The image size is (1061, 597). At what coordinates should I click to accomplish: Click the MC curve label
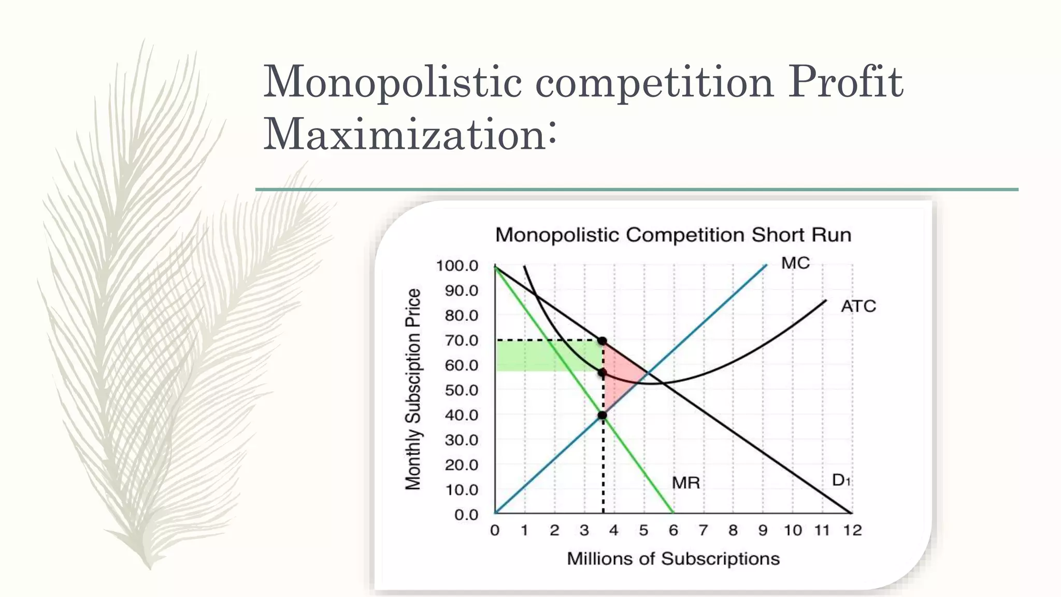pos(795,263)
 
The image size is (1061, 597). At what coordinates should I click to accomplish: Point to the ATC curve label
pos(858,306)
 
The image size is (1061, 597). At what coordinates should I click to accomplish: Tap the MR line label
pos(686,483)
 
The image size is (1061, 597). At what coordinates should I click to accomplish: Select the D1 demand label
pos(840,480)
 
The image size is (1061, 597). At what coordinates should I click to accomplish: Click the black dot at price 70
pos(602,341)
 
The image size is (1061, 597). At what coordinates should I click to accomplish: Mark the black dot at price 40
pos(602,415)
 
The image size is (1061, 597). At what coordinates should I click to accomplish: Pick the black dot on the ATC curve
pos(602,373)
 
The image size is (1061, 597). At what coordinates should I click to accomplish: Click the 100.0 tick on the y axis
pos(457,266)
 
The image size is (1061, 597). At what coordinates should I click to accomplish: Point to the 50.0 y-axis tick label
pos(461,390)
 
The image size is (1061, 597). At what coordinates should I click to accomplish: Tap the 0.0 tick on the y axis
pos(466,515)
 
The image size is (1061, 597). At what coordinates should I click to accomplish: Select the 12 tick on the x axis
pos(852,531)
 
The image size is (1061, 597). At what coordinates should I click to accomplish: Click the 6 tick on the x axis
pos(673,531)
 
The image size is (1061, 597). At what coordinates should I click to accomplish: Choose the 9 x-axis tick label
pos(763,531)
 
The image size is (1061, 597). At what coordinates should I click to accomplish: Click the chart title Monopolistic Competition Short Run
pos(673,235)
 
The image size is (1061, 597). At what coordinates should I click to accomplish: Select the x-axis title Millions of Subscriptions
pos(673,559)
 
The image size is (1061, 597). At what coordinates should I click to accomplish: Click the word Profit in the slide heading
pos(845,82)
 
